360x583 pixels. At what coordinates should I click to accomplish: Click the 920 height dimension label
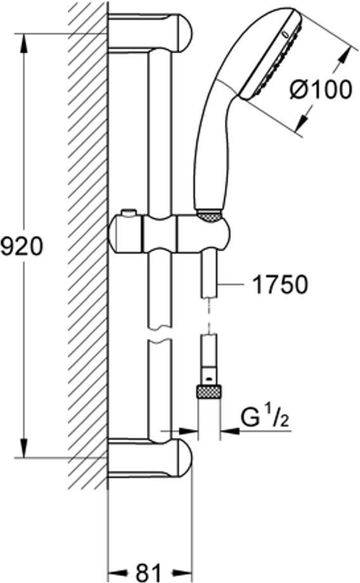tap(22, 247)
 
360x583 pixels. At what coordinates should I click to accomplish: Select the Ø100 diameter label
tap(320, 89)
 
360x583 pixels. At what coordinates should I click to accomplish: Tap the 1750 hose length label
tap(280, 285)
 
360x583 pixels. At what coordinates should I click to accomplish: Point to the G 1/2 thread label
tap(266, 417)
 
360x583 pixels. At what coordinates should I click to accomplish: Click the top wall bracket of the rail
tap(150, 33)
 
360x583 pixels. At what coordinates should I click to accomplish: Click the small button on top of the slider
tap(128, 213)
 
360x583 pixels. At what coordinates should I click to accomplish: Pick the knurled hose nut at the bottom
tap(209, 392)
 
